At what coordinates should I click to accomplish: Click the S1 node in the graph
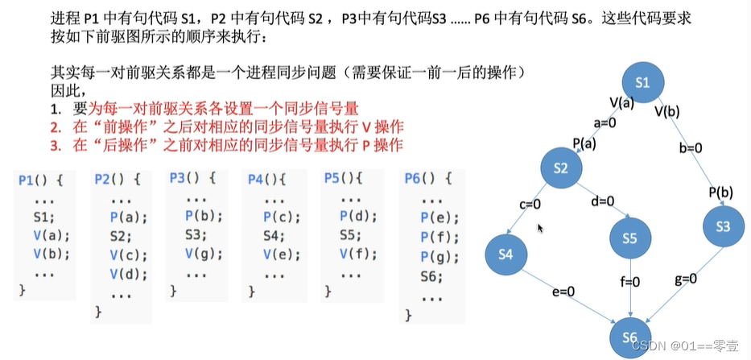[x=642, y=82]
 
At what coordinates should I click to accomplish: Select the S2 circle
[x=560, y=167]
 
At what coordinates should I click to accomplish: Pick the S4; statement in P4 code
[x=274, y=236]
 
